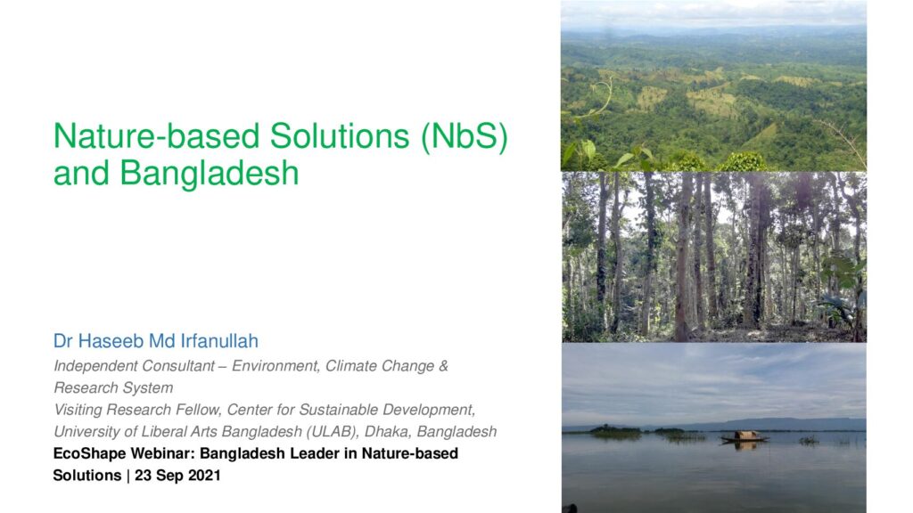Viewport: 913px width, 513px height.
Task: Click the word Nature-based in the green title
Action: pos(157,136)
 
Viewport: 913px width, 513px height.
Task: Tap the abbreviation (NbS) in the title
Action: pos(465,137)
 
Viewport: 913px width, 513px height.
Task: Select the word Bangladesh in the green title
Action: pos(209,174)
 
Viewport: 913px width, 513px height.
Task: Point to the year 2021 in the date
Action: pos(204,476)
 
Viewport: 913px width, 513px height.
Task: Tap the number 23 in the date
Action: pos(144,476)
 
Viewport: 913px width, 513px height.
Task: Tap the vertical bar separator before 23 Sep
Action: pos(128,476)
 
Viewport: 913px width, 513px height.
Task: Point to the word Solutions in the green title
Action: pos(340,136)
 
